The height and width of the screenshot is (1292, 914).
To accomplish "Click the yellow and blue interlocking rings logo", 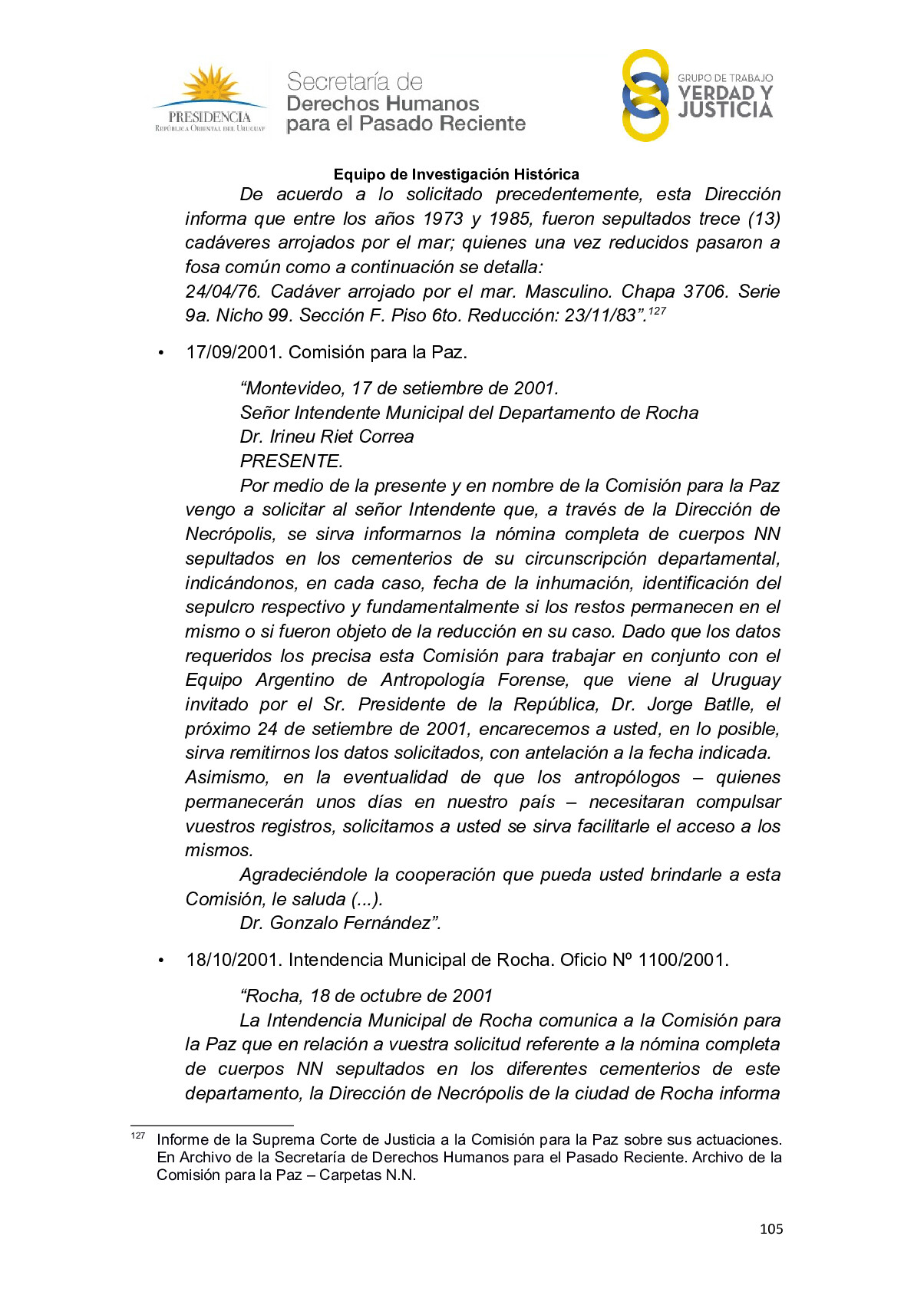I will pyautogui.click(x=645, y=95).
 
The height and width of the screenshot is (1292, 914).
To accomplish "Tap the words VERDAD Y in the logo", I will pyautogui.click(x=724, y=94).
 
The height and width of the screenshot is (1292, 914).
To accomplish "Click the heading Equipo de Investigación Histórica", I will pyautogui.click(x=456, y=174).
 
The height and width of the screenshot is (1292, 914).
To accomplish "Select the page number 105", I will pyautogui.click(x=770, y=1229).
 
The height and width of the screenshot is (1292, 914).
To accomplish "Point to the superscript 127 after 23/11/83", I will pyautogui.click(x=657, y=311).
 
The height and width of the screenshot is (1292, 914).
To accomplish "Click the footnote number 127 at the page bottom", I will pyautogui.click(x=138, y=1135).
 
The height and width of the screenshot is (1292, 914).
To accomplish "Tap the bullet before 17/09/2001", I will pyautogui.click(x=161, y=353).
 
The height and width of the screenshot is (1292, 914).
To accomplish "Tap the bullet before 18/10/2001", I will pyautogui.click(x=161, y=961).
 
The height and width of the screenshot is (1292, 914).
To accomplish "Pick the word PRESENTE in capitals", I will pyautogui.click(x=291, y=461).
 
